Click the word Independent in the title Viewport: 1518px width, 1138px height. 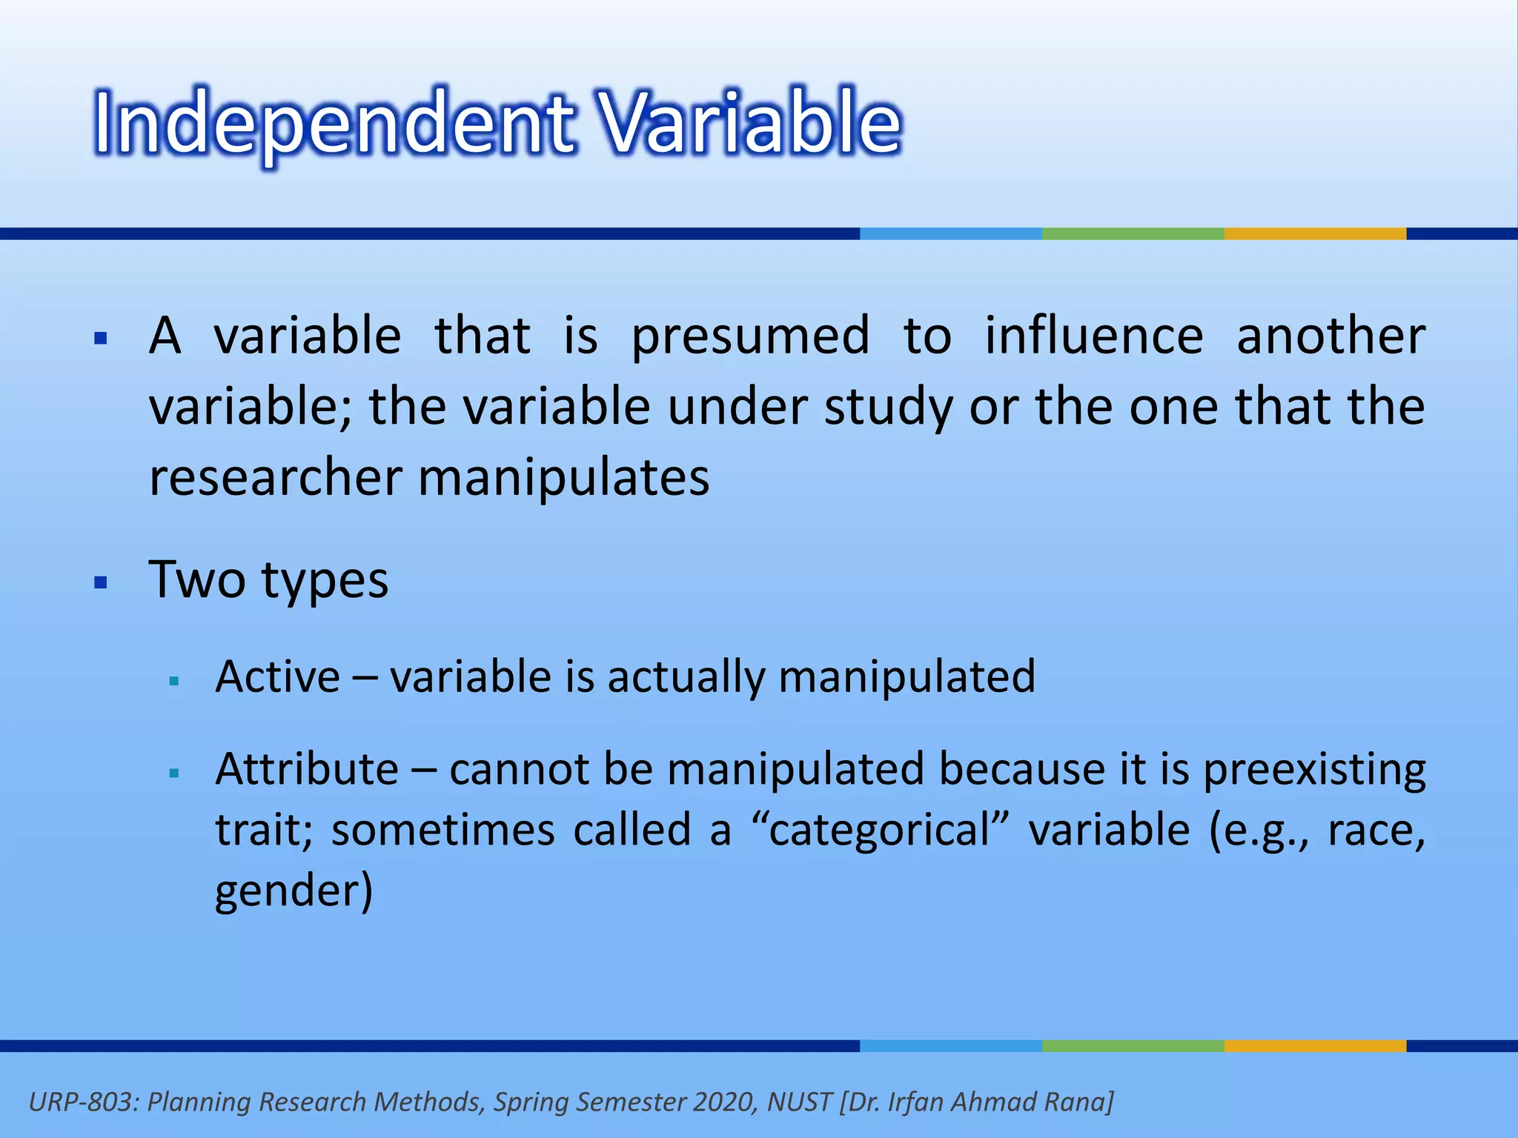tap(334, 122)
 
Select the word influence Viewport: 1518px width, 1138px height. tap(1093, 336)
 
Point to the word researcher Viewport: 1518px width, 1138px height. tap(275, 478)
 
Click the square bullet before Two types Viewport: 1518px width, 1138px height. tap(102, 582)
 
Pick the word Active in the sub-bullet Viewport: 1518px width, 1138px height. tap(277, 676)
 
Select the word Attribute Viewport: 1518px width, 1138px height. tap(307, 769)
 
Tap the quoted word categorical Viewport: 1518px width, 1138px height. tap(880, 830)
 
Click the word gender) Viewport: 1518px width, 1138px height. tap(294, 891)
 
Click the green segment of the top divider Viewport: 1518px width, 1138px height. tap(1133, 233)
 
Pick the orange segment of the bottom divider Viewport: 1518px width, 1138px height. tap(1315, 1045)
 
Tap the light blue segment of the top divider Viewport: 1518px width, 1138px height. tap(950, 233)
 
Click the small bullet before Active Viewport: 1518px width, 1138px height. tap(175, 681)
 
